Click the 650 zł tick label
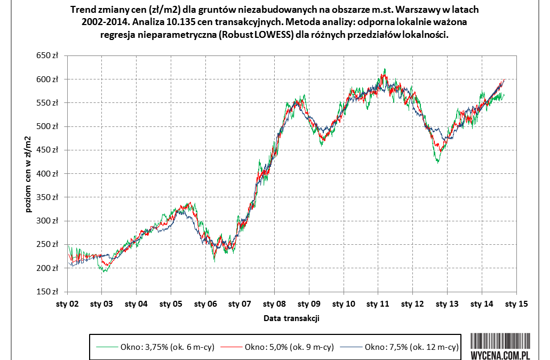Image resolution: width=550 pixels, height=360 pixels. [46, 55]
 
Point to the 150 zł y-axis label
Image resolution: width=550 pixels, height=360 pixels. [46, 292]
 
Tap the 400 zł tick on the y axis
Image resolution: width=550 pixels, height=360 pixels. [46, 174]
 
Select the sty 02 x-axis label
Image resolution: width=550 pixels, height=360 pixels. [67, 303]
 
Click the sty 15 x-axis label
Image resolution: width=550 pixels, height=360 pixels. [516, 303]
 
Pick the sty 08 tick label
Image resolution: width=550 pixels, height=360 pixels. [274, 303]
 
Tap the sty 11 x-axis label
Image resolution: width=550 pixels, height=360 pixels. [378, 303]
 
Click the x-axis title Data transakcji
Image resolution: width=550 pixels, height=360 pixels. [291, 318]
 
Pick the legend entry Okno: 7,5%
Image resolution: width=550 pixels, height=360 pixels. [411, 347]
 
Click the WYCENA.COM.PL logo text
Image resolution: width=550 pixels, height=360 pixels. [500, 354]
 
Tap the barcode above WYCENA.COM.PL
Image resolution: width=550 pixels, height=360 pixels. [500, 340]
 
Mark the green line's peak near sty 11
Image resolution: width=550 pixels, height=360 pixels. [384, 69]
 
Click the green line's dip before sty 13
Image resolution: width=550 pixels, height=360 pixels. [438, 162]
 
